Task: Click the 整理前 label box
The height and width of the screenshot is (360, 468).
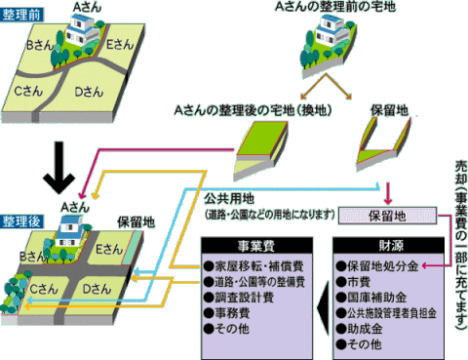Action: point(20,18)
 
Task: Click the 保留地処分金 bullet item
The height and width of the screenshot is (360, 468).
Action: point(379,265)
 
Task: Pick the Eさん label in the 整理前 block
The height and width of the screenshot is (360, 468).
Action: point(119,46)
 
